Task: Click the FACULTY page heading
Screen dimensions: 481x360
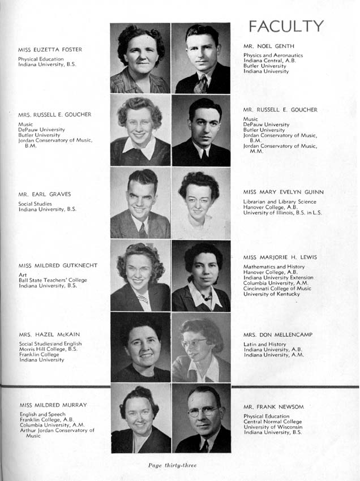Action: (286, 27)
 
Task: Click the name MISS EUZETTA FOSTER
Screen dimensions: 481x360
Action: (50, 50)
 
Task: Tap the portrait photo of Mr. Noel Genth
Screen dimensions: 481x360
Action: (201, 58)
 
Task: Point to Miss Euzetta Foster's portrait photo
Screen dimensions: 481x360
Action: (140, 58)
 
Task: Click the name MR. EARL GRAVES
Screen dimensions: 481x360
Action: (45, 194)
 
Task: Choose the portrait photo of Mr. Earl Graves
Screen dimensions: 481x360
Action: (140, 203)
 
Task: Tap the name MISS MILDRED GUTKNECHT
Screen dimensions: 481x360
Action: (58, 265)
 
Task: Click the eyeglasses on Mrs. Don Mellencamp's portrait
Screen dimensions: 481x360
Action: (194, 343)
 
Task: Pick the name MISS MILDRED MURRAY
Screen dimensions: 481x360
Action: (53, 405)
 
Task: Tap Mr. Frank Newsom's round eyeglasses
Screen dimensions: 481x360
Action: (203, 411)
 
